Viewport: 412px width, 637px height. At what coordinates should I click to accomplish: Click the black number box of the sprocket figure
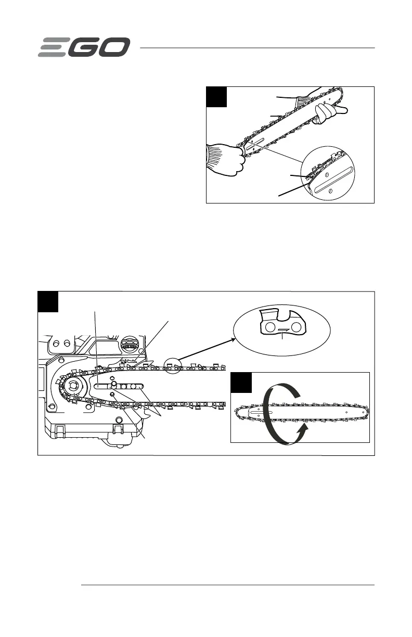(x=48, y=302)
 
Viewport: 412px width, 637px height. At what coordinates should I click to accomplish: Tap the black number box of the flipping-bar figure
(x=241, y=383)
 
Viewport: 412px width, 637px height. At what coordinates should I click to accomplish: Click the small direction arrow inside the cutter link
(x=283, y=330)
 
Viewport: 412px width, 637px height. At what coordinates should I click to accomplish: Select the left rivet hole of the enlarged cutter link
(x=270, y=327)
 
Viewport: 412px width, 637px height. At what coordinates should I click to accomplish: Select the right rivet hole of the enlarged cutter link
(x=297, y=327)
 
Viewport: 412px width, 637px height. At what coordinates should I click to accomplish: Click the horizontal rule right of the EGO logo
(x=257, y=48)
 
